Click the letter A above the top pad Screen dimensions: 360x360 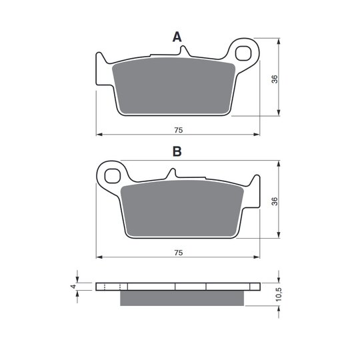click(177, 37)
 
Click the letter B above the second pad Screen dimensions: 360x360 click(177, 151)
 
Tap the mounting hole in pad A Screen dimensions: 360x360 click(243, 53)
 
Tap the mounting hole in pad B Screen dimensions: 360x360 click(112, 176)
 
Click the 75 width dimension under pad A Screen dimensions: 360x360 click(179, 130)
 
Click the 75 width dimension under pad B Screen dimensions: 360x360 click(179, 253)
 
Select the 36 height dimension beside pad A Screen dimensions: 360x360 click(275, 79)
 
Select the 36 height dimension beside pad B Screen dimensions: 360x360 click(275, 201)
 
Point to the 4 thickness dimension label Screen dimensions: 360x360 click(73, 286)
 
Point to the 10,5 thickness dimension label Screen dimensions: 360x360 click(278, 294)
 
